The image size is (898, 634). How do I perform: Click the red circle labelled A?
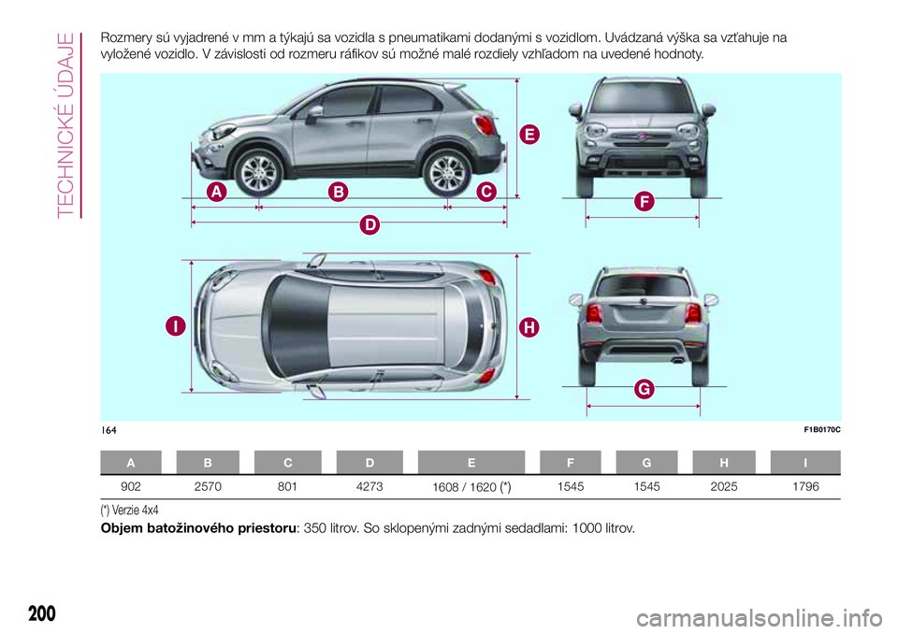tap(216, 192)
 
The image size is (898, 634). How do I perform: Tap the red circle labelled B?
tap(337, 192)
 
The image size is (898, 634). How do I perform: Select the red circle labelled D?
tap(370, 224)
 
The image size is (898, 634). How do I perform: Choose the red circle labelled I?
tap(174, 326)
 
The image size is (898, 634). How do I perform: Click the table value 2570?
tap(208, 486)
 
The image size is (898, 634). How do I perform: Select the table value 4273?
tap(369, 486)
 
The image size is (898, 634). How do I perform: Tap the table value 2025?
tap(725, 486)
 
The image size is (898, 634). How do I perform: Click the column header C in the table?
tap(288, 462)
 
